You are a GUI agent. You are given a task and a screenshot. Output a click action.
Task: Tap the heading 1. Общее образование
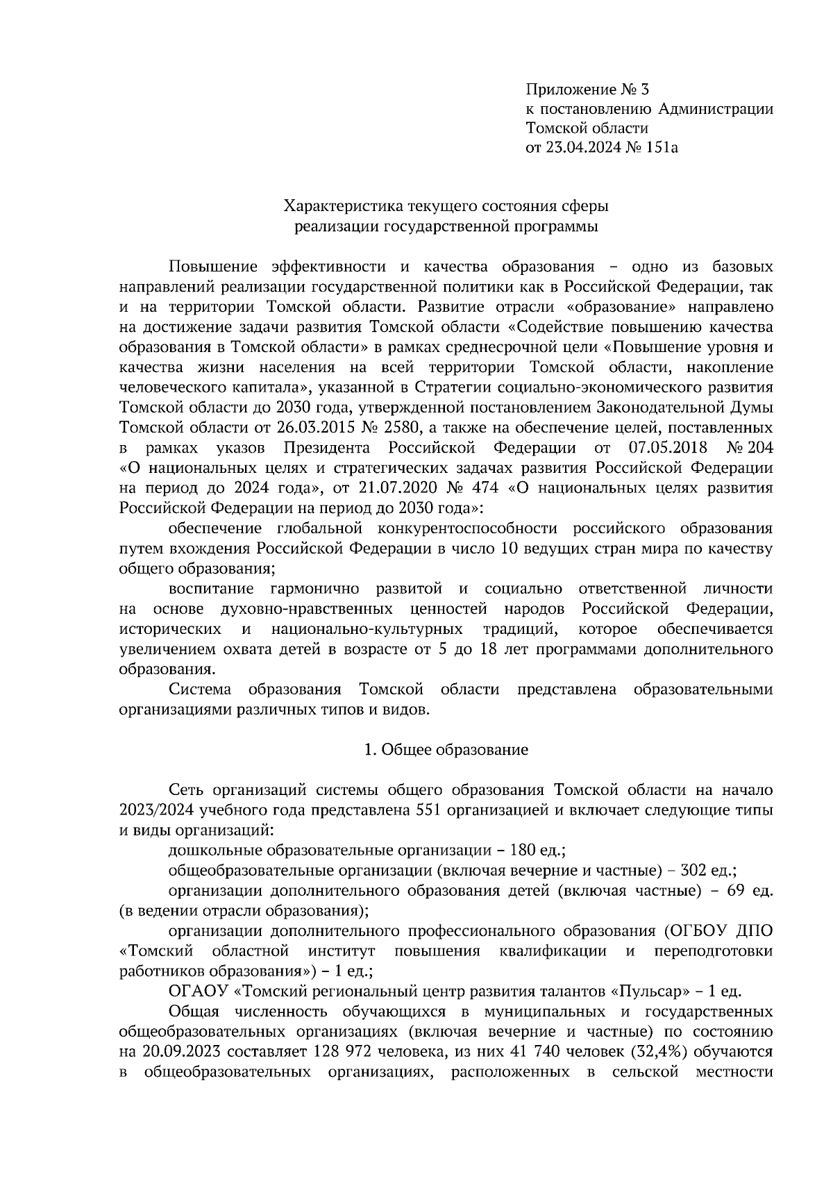click(446, 749)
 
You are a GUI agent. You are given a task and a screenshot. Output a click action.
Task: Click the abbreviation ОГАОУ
click(194, 991)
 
